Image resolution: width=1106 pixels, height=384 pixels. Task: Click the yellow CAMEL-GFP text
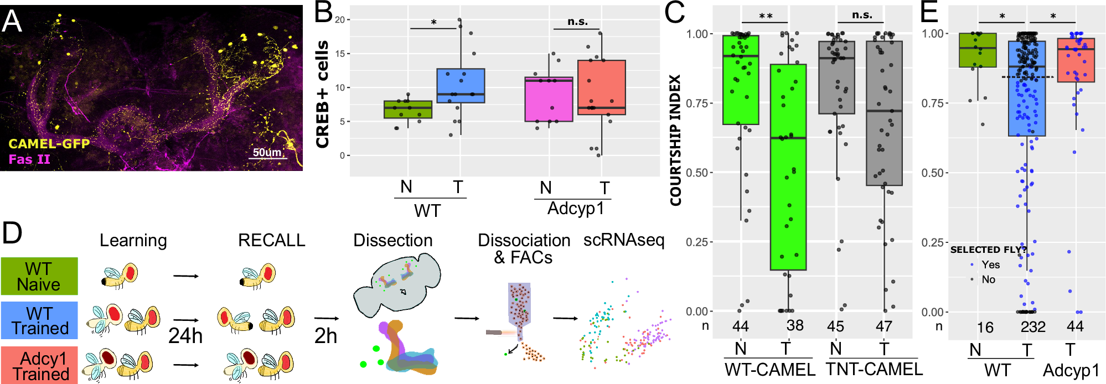click(49, 144)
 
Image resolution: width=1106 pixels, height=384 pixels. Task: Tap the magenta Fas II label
click(29, 160)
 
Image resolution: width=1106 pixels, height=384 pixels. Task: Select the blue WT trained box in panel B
click(461, 86)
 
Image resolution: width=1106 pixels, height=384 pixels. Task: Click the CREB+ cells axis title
click(322, 94)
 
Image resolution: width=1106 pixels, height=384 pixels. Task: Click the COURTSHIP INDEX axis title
click(675, 141)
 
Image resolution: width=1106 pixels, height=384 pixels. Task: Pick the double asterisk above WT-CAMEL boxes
click(766, 16)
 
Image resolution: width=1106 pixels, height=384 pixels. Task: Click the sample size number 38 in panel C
click(795, 325)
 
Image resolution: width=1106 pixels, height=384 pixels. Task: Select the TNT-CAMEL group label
click(874, 369)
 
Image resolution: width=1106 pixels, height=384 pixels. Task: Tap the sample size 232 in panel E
click(1033, 326)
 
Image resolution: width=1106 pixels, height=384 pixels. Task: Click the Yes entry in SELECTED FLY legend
click(990, 264)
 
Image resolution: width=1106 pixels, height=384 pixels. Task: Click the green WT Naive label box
click(39, 276)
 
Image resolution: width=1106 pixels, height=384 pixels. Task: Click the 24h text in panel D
click(185, 336)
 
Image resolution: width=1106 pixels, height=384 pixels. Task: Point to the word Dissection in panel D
click(393, 240)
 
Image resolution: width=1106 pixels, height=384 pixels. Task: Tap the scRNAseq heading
click(623, 240)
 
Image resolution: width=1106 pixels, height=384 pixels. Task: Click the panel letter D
click(12, 233)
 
